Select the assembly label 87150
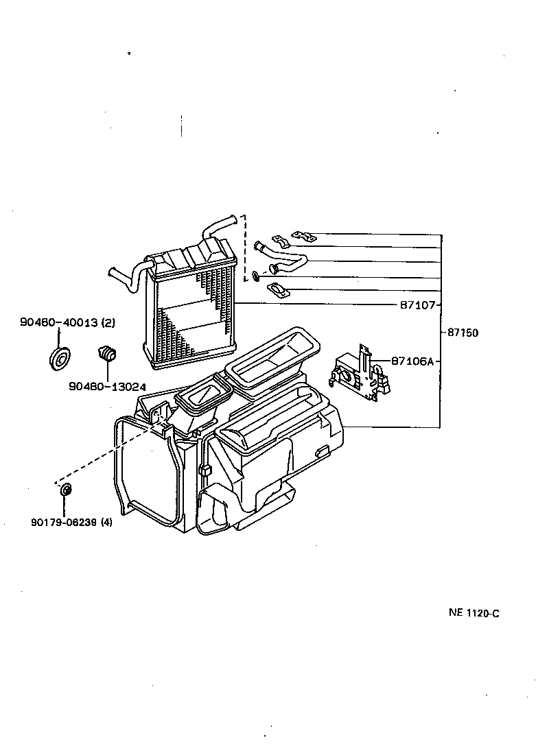(463, 333)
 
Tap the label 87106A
(412, 361)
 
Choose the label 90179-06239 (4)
(71, 523)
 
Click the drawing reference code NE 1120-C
(474, 613)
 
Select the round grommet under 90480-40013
(61, 358)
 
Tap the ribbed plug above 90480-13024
(107, 354)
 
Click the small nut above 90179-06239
(66, 490)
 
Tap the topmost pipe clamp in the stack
(302, 237)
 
